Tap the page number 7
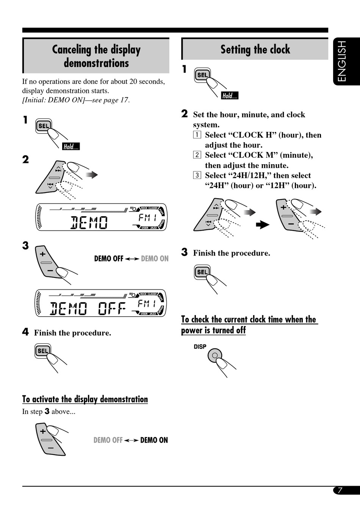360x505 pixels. coord(340,490)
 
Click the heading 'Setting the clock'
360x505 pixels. coord(255,49)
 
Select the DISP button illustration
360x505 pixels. coord(214,356)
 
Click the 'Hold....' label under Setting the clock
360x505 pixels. coord(230,96)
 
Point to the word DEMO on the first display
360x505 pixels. coord(89,223)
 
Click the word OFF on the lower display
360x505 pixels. coord(112,309)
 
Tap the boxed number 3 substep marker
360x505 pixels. coord(197,175)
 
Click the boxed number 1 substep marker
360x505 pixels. coord(197,135)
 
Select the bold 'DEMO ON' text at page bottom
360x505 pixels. coord(154,440)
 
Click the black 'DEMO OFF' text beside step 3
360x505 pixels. coord(109,259)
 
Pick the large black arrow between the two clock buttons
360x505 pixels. coord(262,224)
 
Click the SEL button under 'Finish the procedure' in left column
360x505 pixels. coord(43,351)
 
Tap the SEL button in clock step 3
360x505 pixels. coord(202,272)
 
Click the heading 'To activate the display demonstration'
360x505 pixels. coord(85,399)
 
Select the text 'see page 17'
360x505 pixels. coord(110,100)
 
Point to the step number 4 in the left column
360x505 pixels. coord(25,332)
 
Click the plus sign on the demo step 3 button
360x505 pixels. coord(42,254)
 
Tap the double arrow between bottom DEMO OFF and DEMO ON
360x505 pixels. coord(131,441)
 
